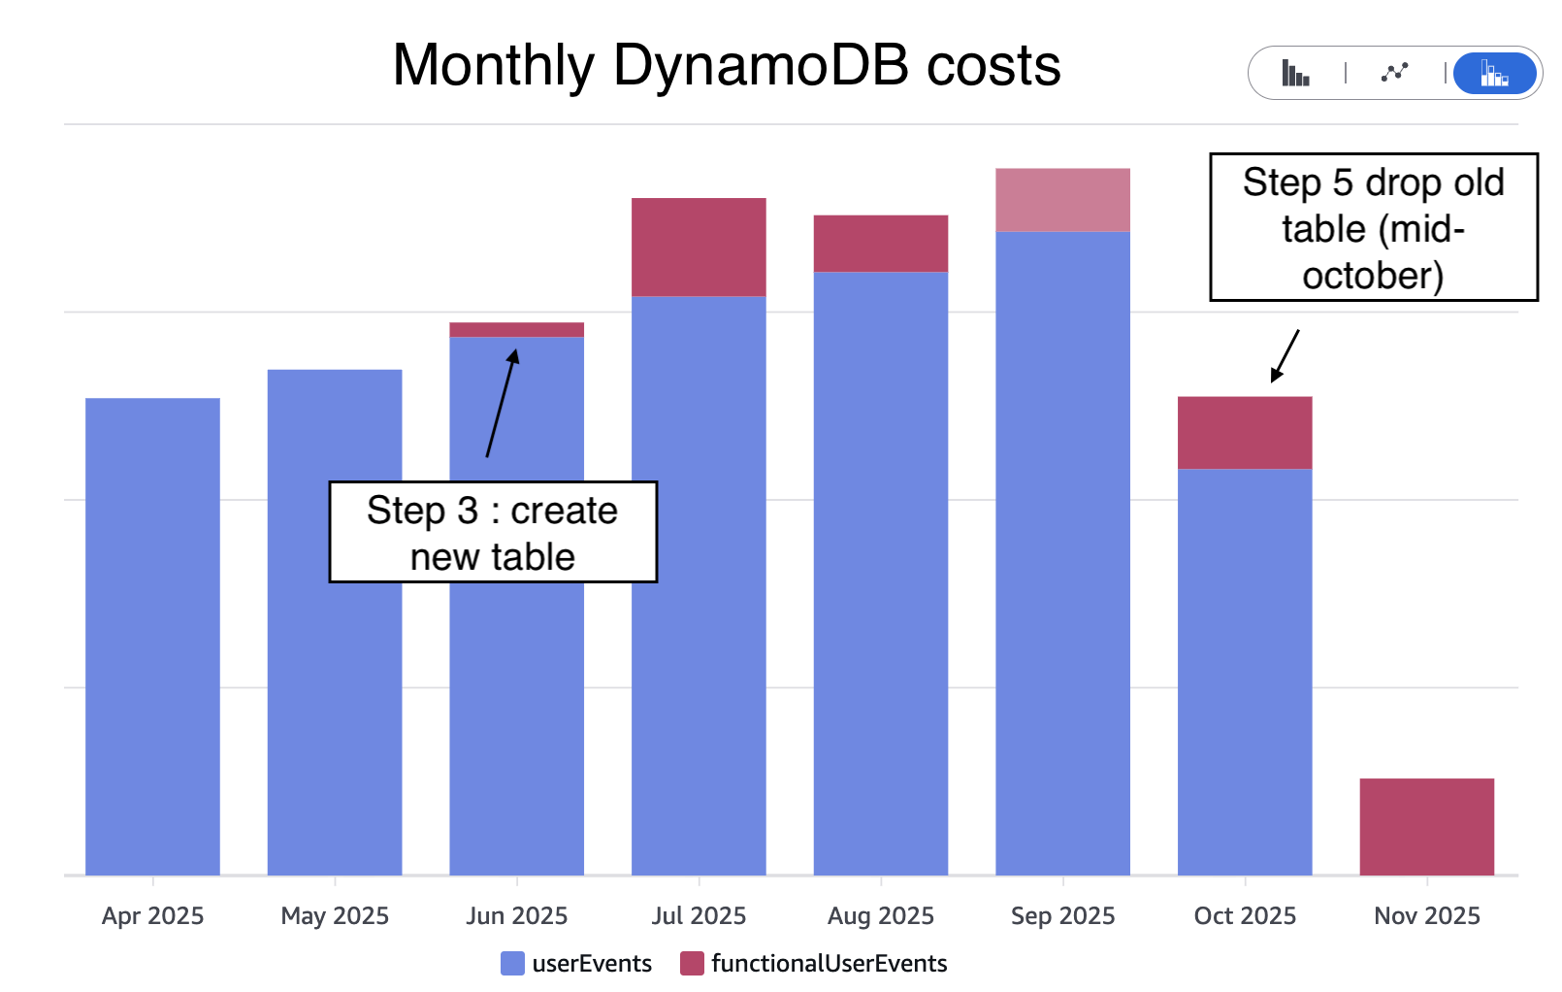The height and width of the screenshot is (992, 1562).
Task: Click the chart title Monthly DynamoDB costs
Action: [726, 66]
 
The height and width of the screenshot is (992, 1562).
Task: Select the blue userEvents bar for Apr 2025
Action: [152, 636]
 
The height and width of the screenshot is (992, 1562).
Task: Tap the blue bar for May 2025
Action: [335, 621]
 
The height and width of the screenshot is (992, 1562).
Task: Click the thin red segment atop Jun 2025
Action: [516, 330]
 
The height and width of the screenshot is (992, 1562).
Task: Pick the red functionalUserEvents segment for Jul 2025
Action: [699, 247]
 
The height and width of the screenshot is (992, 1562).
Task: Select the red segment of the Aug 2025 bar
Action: [880, 244]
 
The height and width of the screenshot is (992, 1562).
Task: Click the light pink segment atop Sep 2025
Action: [1062, 200]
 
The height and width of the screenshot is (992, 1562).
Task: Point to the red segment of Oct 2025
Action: [1245, 433]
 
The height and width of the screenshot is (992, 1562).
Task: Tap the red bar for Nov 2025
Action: [1426, 826]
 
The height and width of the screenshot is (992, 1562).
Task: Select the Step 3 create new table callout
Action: [493, 532]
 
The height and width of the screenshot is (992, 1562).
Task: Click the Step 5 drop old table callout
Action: [1373, 227]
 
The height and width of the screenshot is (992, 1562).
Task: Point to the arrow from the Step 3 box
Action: [502, 404]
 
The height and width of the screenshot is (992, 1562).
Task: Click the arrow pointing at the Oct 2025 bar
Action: [1285, 355]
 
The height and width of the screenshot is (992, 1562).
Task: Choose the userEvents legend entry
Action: [576, 963]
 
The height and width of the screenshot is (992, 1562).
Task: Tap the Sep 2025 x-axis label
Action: [1062, 915]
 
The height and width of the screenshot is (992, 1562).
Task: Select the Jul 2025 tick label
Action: [699, 915]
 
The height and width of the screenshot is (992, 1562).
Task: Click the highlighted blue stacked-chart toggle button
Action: [1494, 73]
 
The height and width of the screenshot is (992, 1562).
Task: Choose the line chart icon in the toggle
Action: [1394, 73]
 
